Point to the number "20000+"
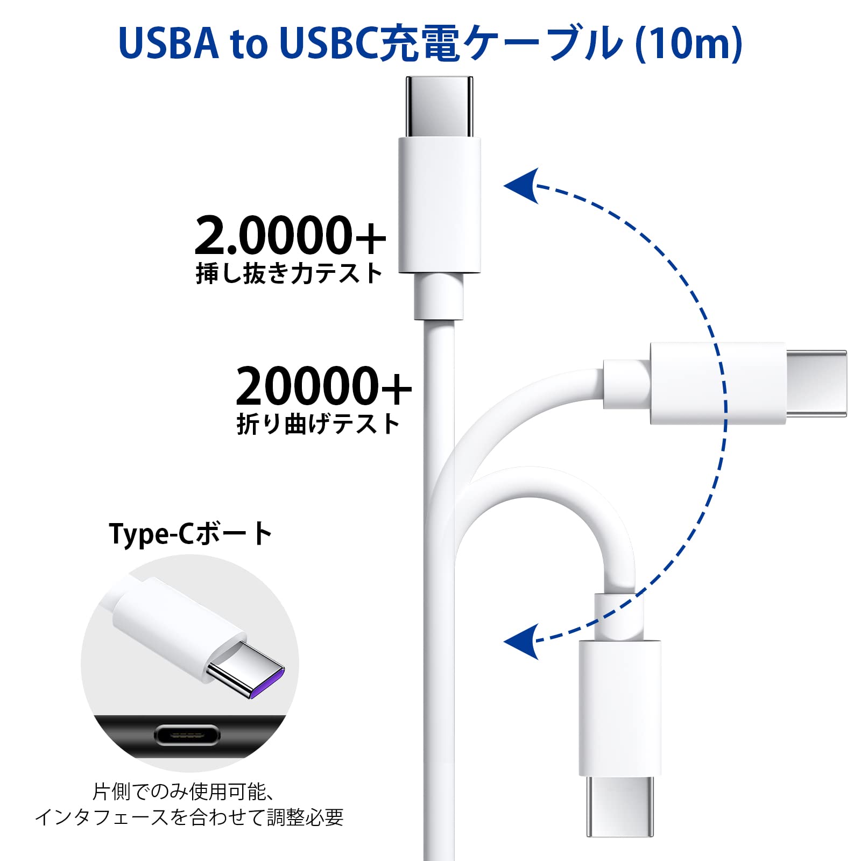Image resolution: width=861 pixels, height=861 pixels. (323, 386)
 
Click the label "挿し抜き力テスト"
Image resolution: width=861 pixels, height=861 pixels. (289, 273)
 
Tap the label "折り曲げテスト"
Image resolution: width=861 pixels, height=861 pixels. (318, 424)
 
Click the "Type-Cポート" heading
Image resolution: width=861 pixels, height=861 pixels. (191, 534)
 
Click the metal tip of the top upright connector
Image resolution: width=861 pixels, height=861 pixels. (439, 107)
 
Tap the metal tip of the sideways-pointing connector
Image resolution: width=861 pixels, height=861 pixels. (816, 383)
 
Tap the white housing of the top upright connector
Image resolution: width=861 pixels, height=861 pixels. (439, 204)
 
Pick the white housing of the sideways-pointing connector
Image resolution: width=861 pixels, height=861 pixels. (717, 383)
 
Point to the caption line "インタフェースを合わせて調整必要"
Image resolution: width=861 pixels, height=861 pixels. (189, 817)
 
